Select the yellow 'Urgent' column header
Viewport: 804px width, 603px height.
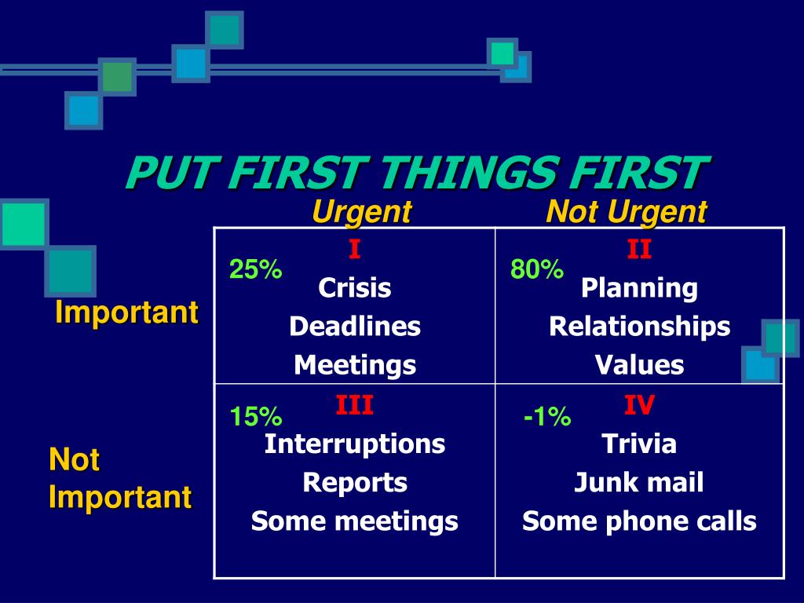[x=361, y=212]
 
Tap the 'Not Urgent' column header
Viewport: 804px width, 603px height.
[x=627, y=212]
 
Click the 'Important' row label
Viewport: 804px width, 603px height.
[x=126, y=312]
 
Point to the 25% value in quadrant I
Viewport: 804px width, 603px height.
[x=255, y=270]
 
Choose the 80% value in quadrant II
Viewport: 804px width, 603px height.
[x=537, y=270]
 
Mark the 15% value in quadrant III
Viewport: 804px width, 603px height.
[x=255, y=417]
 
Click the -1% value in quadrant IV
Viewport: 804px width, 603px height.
[x=547, y=417]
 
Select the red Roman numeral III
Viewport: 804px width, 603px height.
[x=354, y=406]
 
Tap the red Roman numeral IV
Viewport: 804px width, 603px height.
[x=639, y=406]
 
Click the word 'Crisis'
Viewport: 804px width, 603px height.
[x=354, y=288]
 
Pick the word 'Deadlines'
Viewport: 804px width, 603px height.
[x=355, y=327]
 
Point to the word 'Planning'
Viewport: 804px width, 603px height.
[x=639, y=288]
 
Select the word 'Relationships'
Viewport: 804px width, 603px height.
[x=639, y=327]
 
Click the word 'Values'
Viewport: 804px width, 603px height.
[x=639, y=365]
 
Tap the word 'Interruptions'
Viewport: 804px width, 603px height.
[x=355, y=444]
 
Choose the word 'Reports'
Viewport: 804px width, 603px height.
[x=355, y=483]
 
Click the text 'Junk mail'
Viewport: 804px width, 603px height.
[x=639, y=483]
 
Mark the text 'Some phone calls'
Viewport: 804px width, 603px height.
[x=639, y=521]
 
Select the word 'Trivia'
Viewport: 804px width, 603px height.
[x=639, y=444]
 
